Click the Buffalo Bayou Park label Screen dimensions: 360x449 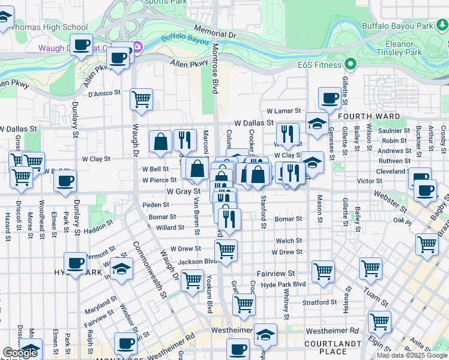(x=397, y=26)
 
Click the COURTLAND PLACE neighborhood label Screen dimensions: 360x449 (x=334, y=347)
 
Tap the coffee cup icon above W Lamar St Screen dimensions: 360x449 (x=330, y=98)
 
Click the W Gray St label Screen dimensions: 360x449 (x=183, y=191)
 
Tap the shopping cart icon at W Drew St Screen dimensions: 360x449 (x=226, y=250)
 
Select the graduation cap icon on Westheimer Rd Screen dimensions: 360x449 (x=265, y=334)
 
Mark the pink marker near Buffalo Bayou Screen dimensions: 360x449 (x=137, y=47)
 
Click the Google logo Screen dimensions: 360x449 (x=20, y=353)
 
